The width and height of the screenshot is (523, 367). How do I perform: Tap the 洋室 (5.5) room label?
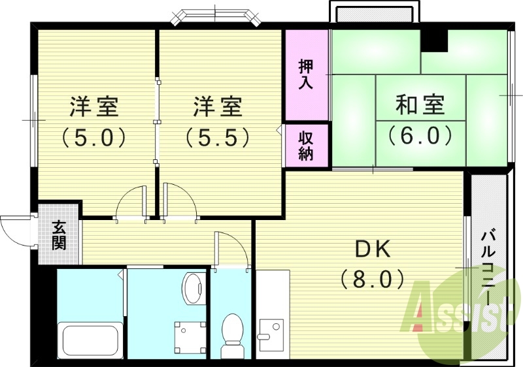pos(218,121)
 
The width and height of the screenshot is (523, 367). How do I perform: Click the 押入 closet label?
pos(306,74)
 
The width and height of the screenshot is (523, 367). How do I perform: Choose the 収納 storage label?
pos(306,146)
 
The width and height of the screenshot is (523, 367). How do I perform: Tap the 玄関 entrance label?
pos(59,236)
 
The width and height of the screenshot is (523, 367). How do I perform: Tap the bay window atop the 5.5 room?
pos(216,17)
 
